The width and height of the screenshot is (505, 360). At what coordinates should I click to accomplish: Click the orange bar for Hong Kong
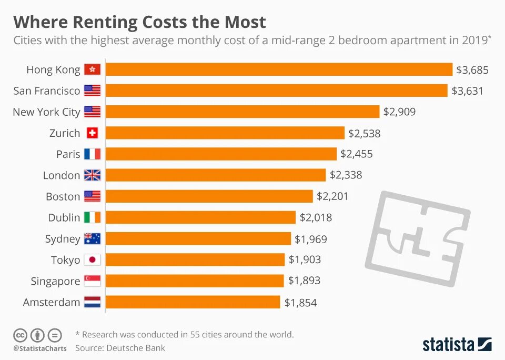(279, 69)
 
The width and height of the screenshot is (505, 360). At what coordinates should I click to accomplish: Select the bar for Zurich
(225, 133)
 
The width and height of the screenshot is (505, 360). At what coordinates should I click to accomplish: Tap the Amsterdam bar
(193, 302)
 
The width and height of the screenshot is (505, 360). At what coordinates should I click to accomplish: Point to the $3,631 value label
(467, 91)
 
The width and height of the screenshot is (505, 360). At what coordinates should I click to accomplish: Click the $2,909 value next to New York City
(399, 112)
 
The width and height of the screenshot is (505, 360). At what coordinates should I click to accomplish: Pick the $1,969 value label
(310, 239)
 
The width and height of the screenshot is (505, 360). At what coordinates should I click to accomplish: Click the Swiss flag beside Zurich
(92, 133)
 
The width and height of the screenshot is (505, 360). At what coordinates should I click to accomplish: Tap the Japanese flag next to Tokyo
(92, 260)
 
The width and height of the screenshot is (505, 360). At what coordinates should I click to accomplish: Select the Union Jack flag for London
(92, 175)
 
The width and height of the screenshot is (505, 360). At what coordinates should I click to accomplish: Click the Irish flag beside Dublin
(92, 217)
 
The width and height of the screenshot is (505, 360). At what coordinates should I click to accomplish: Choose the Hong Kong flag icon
(92, 69)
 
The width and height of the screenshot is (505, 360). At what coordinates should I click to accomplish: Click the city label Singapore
(55, 281)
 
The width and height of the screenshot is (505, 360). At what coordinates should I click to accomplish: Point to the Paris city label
(68, 154)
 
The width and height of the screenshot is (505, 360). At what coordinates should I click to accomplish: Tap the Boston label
(63, 196)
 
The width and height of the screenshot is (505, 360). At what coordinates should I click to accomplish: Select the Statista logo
(457, 345)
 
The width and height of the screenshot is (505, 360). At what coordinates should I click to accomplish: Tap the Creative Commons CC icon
(20, 335)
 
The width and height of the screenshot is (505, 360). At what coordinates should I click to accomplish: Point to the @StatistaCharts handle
(40, 348)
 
